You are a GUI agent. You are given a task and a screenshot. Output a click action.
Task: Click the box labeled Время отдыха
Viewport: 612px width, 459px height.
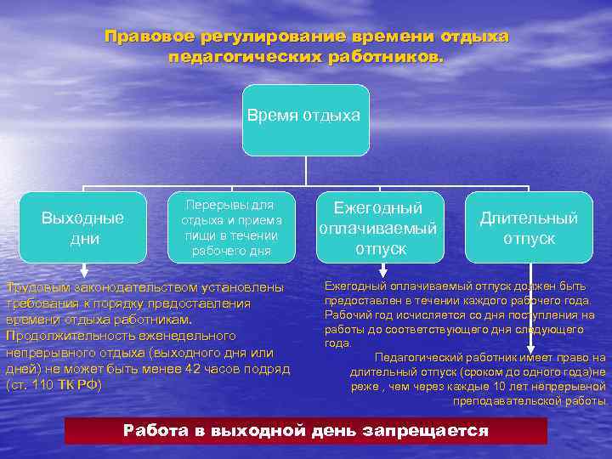tap(305, 119)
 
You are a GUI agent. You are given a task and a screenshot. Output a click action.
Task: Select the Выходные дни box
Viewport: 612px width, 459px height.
tap(82, 228)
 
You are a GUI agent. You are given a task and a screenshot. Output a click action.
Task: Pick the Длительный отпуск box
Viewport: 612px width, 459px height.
tap(529, 228)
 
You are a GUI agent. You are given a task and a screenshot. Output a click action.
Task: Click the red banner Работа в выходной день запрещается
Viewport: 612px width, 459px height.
tap(306, 431)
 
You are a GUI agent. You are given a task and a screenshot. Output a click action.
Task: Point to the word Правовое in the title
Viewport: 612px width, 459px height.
tap(149, 37)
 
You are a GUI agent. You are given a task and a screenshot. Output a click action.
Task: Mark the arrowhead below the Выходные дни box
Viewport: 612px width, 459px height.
tap(82, 272)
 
